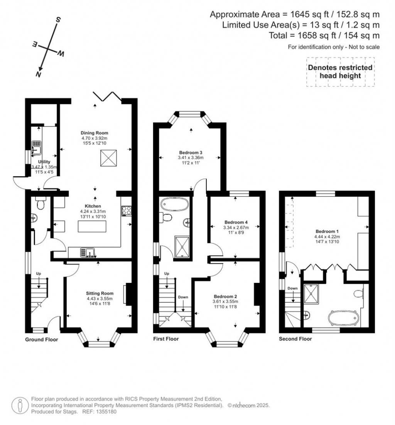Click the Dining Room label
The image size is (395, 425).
(x=95, y=133)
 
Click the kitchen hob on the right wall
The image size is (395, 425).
(x=126, y=210)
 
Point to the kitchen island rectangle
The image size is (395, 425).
(x=95, y=227)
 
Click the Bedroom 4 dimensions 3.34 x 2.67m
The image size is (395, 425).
(x=236, y=228)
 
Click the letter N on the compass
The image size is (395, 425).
(x=38, y=75)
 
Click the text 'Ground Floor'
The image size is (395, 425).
(x=42, y=340)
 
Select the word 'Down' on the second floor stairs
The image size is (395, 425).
(x=293, y=288)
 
